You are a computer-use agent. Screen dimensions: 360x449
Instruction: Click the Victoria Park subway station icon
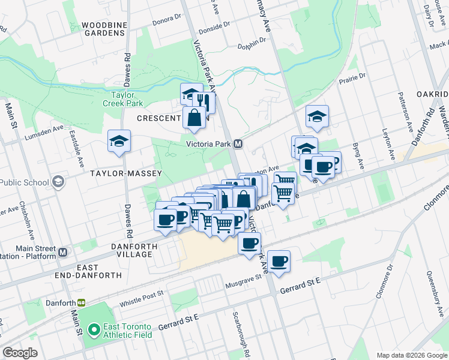pyautogui.click(x=238, y=144)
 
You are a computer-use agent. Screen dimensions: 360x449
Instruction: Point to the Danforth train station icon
pyautogui.click(x=80, y=302)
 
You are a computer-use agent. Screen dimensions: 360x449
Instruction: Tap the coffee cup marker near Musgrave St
pyautogui.click(x=279, y=262)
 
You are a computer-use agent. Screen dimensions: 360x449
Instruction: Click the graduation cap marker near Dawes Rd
pyautogui.click(x=119, y=142)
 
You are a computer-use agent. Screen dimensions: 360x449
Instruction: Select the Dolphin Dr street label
pyautogui.click(x=251, y=45)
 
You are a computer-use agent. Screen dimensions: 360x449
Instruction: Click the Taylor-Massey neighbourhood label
pyautogui.click(x=118, y=173)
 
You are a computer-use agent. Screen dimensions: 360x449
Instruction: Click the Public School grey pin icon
pyautogui.click(x=58, y=181)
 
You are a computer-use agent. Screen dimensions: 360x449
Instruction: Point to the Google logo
pyautogui.click(x=20, y=353)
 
